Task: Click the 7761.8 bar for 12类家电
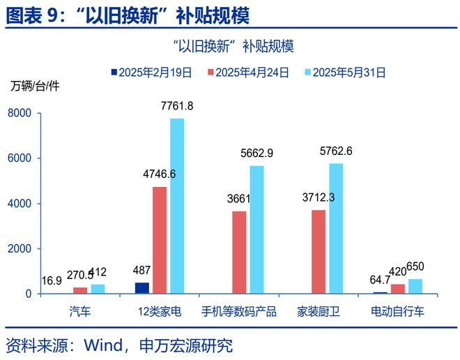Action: coord(177,206)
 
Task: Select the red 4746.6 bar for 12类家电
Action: coord(160,240)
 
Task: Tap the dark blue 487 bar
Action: coord(142,287)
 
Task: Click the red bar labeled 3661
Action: coord(239,252)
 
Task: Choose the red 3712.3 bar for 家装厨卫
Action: coord(319,251)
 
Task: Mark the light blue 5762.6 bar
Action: coord(336,228)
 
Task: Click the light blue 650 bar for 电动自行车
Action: coord(415,286)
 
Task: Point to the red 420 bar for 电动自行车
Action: coord(398,289)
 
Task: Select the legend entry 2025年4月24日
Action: coord(252,72)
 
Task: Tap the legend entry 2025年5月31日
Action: coord(348,72)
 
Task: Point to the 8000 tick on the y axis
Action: coord(20,113)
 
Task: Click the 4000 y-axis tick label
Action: coord(20,204)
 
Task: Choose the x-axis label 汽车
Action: coord(80,310)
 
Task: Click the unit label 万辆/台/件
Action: coord(35,87)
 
